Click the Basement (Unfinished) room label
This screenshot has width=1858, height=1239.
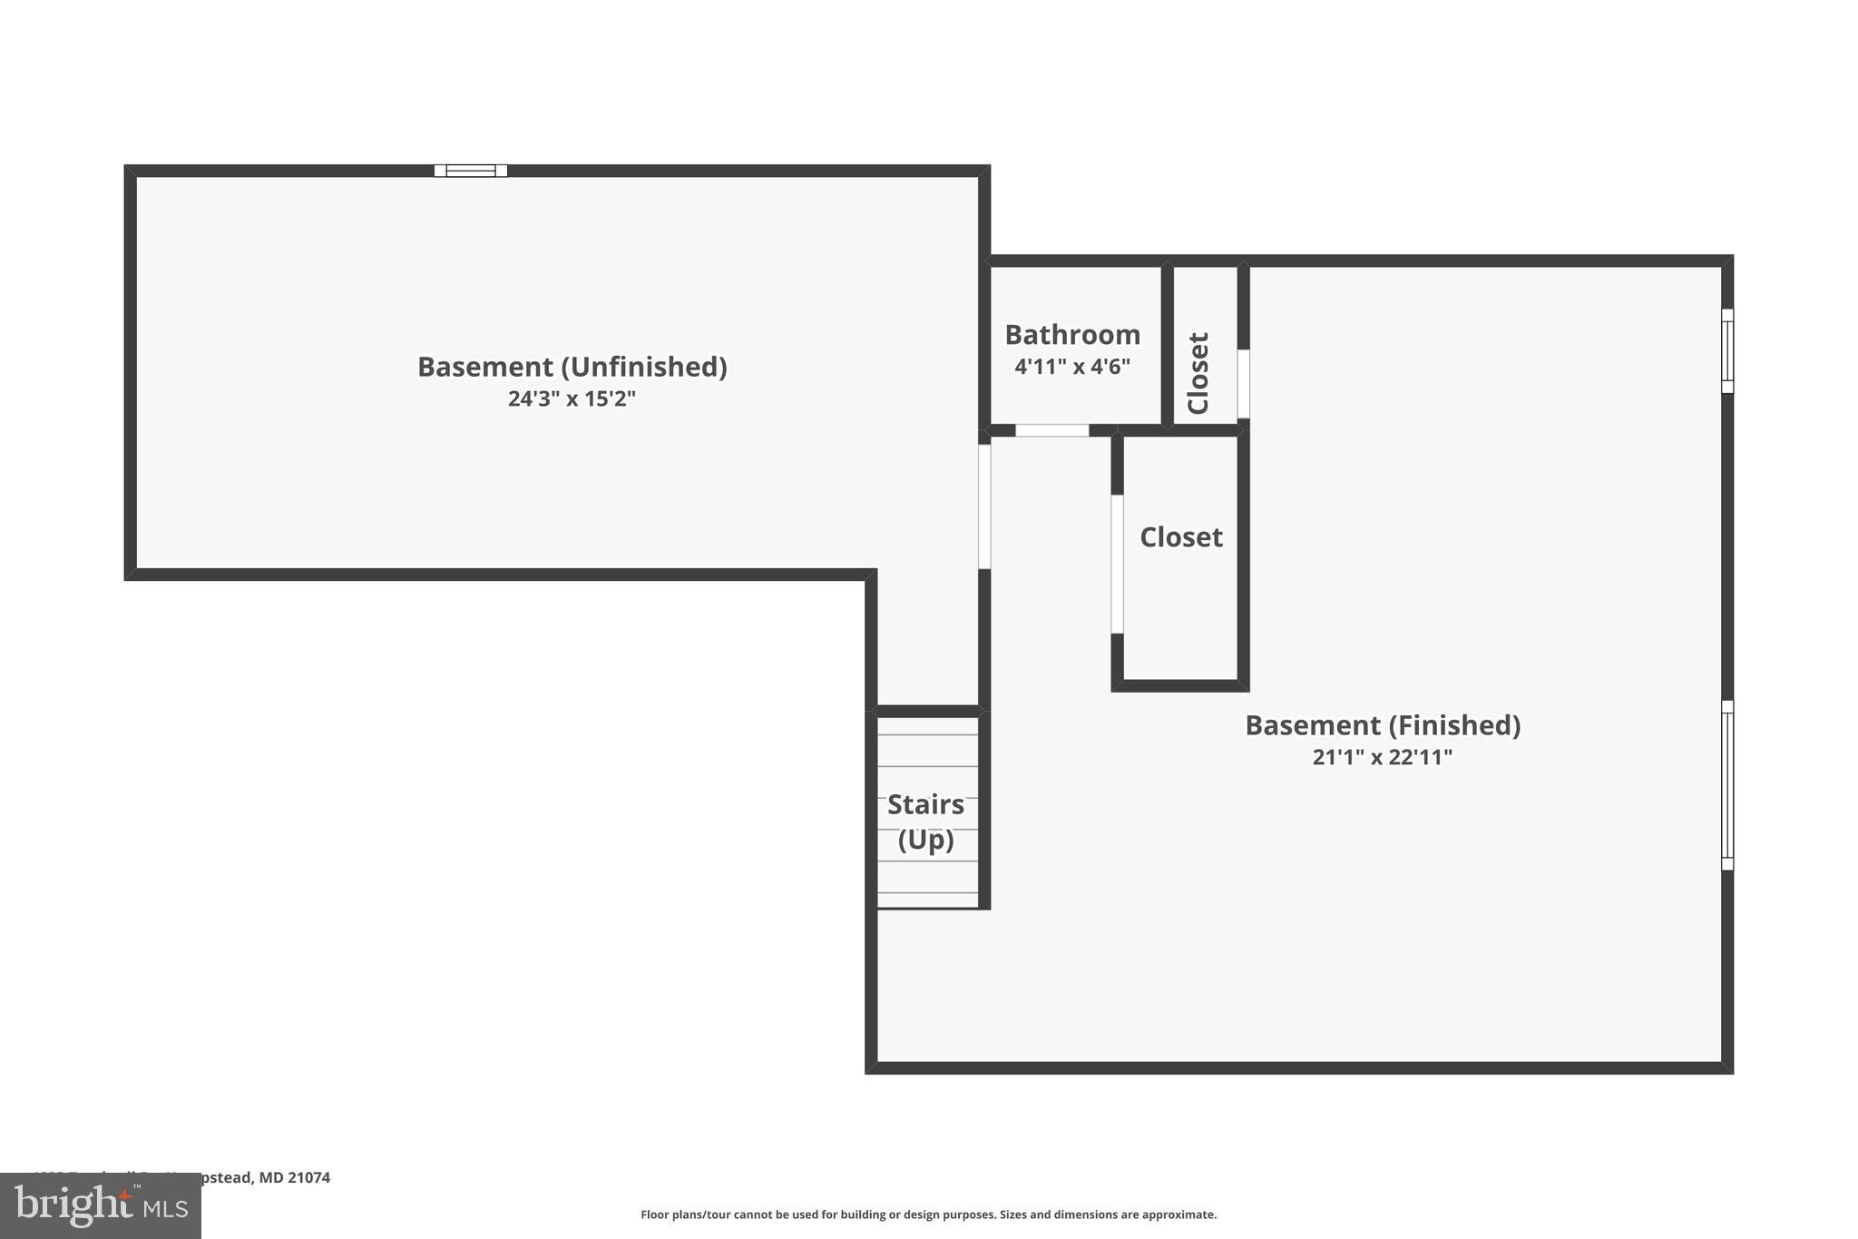coord(572,367)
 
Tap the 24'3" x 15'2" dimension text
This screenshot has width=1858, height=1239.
coord(572,398)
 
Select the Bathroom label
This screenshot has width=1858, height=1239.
coord(1072,335)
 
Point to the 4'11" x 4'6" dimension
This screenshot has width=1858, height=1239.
coord(1072,367)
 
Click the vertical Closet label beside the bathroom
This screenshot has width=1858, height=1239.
coord(1198,373)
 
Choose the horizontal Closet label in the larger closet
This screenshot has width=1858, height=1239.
coord(1181,537)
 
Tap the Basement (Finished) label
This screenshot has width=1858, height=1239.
coord(1382,725)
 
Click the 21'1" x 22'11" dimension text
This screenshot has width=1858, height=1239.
coord(1382,757)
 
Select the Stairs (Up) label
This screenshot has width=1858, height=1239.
coord(925,821)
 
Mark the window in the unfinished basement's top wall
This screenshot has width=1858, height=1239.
coord(470,171)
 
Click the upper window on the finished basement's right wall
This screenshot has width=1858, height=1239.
coord(1727,351)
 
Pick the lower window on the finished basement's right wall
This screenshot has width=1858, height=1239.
coord(1727,785)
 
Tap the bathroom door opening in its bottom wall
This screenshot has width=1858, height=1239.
coord(1051,430)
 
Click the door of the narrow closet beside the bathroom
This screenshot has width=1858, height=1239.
coord(1244,384)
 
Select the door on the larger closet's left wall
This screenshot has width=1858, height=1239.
coord(1118,564)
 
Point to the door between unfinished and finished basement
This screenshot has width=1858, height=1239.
coord(984,506)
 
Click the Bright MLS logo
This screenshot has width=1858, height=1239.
coord(101,1205)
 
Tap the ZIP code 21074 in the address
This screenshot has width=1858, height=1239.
coord(308,1177)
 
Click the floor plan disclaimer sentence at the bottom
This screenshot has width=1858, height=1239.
coord(928,1214)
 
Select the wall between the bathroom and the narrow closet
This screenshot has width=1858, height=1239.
coord(1168,345)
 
